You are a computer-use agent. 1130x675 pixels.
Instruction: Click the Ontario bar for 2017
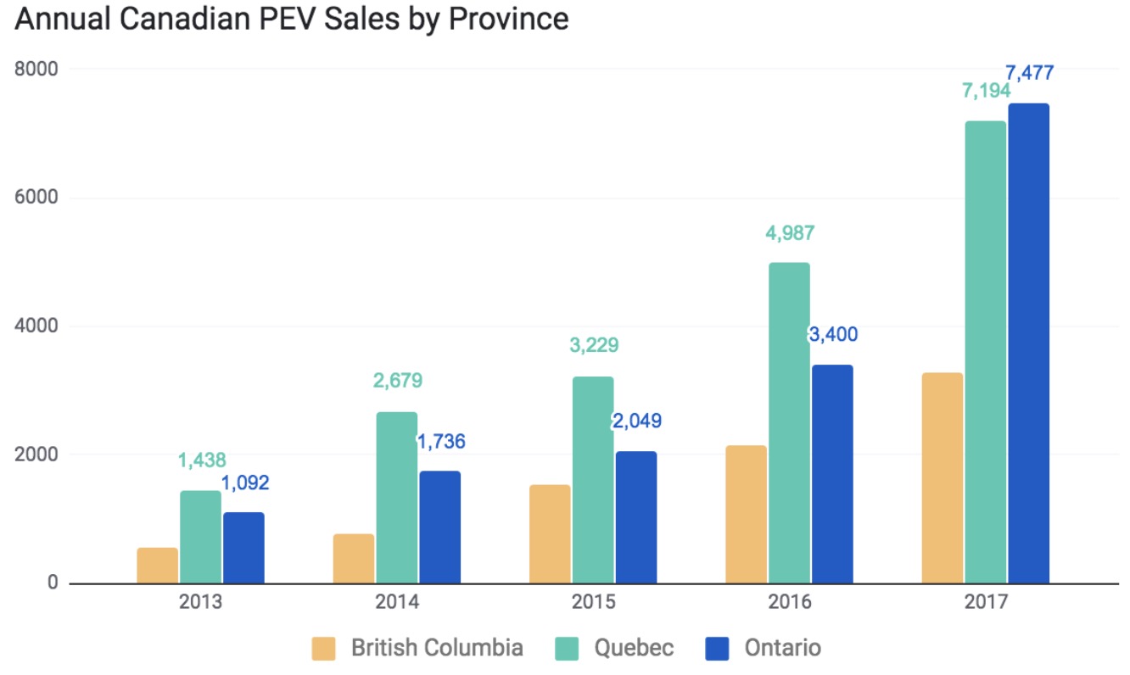pyautogui.click(x=1028, y=343)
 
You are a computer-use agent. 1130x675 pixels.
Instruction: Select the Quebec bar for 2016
pyautogui.click(x=789, y=422)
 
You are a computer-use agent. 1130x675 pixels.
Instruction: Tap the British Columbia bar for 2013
pyautogui.click(x=158, y=566)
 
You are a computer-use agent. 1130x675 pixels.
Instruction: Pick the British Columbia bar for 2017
pyautogui.click(x=942, y=477)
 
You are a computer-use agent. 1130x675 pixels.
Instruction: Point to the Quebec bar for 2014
pyautogui.click(x=397, y=498)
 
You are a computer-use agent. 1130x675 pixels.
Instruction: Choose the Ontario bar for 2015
pyautogui.click(x=636, y=517)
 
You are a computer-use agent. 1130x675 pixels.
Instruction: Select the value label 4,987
pyautogui.click(x=790, y=233)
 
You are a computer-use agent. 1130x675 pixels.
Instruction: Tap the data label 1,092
pyautogui.click(x=244, y=483)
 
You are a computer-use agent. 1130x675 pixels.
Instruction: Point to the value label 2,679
pyautogui.click(x=397, y=380)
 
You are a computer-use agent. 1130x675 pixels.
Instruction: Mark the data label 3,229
pyautogui.click(x=593, y=345)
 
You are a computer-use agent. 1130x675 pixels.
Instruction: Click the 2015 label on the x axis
pyautogui.click(x=593, y=603)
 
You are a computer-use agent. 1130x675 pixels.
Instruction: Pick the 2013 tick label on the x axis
pyautogui.click(x=201, y=603)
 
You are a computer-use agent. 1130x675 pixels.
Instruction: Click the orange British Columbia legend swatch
pyautogui.click(x=324, y=649)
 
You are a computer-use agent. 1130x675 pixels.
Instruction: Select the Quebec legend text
pyautogui.click(x=634, y=649)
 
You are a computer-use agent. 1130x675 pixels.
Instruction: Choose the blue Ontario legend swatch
pyautogui.click(x=718, y=649)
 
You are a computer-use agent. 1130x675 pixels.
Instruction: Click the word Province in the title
pyautogui.click(x=508, y=19)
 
